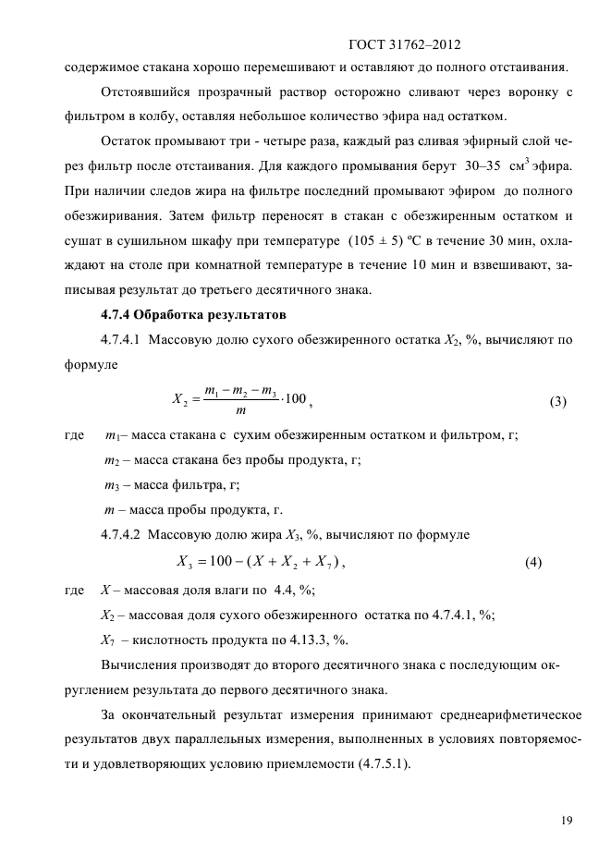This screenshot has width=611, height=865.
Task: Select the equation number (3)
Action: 557,401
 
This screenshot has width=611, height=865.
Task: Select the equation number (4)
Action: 532,562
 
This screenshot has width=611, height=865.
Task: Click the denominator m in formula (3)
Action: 240,413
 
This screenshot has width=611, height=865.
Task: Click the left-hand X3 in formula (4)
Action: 181,562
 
